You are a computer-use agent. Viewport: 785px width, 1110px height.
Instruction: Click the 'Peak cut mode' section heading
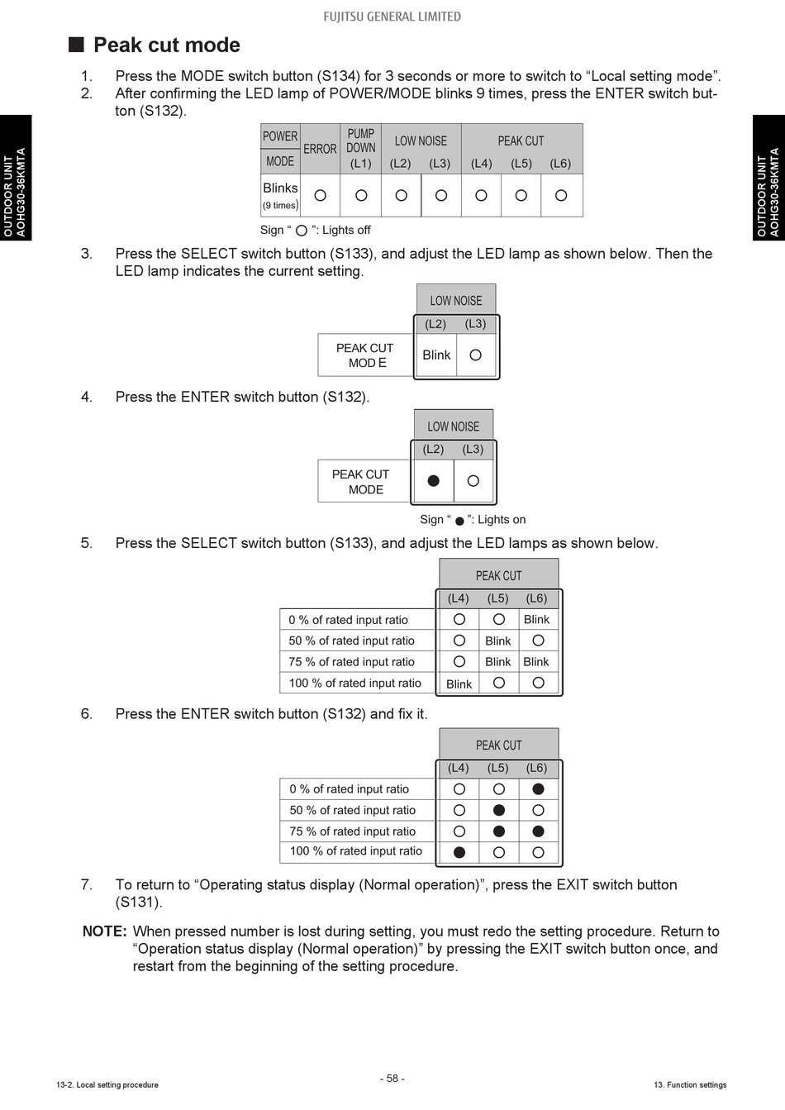click(x=166, y=45)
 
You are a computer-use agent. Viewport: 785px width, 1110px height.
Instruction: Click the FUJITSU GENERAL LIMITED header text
click(x=392, y=16)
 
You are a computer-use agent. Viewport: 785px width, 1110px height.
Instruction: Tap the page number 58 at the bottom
click(x=392, y=1079)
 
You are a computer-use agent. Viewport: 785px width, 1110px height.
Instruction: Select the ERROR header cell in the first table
click(x=320, y=149)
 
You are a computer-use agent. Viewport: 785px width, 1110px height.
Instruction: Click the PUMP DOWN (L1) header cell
click(x=361, y=149)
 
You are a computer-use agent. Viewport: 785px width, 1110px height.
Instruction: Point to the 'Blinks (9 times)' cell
click(x=280, y=195)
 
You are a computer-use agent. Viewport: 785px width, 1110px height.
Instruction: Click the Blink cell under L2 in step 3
click(x=436, y=355)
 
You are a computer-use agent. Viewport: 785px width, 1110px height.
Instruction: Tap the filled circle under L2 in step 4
click(x=433, y=481)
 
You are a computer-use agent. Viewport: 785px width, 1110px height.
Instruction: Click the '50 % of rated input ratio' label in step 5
click(x=351, y=641)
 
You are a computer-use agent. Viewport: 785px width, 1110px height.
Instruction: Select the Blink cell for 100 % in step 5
click(x=459, y=684)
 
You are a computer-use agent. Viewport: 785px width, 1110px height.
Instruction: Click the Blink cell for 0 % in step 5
click(x=536, y=620)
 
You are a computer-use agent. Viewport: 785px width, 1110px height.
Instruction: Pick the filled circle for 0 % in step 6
click(x=538, y=789)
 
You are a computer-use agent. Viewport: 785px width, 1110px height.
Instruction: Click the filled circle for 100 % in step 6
click(x=459, y=852)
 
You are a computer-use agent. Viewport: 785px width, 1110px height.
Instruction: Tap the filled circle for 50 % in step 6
click(x=498, y=811)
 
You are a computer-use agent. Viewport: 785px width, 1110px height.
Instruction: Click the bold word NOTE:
click(x=104, y=931)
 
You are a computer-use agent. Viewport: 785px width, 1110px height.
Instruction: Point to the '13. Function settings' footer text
click(x=690, y=1084)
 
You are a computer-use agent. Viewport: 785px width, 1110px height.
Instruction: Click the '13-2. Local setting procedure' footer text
click(x=107, y=1084)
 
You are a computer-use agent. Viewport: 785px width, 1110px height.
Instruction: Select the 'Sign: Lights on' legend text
click(x=473, y=520)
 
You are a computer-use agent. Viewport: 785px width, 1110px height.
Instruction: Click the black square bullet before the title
click(x=76, y=45)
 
